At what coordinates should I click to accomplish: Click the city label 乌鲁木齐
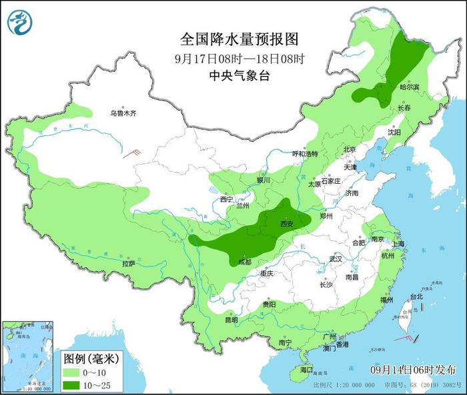coord(123,114)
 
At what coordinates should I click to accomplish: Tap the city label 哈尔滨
coord(409,87)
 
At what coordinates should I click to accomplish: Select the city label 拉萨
coord(129,264)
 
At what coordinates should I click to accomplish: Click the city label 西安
coord(286,224)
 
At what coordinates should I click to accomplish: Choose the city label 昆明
coord(231,320)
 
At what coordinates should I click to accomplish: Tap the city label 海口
coord(306,369)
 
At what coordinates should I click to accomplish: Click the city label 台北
coord(416,296)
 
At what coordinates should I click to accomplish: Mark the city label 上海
coord(399,244)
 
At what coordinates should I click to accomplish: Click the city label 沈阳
coord(394,132)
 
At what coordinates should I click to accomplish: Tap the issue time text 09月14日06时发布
coord(413,370)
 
